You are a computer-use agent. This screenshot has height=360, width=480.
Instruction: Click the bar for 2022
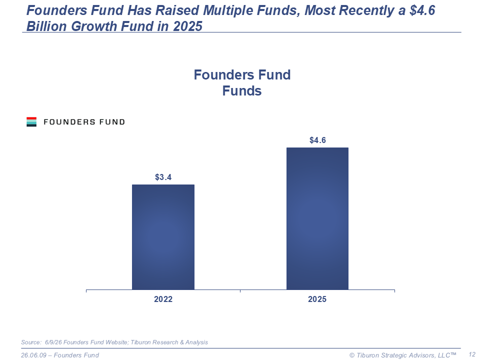(x=163, y=237)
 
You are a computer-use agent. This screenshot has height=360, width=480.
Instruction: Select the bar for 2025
(x=317, y=218)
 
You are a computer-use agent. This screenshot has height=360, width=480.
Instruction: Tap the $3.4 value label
(x=163, y=177)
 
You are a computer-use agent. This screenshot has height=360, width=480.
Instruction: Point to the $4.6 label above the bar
(x=317, y=140)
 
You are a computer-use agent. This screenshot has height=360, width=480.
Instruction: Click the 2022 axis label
(x=163, y=299)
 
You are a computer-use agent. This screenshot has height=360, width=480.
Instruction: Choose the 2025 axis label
(x=317, y=299)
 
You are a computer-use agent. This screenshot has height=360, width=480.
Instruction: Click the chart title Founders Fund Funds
(x=242, y=82)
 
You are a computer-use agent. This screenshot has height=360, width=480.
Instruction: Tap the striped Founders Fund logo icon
(x=31, y=122)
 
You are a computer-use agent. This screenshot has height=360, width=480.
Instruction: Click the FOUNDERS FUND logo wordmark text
(x=84, y=122)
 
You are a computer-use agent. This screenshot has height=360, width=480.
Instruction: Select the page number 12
(x=471, y=354)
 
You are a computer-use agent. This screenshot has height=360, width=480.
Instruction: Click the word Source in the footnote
(x=31, y=342)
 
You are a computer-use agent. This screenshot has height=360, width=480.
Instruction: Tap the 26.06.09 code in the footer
(x=33, y=355)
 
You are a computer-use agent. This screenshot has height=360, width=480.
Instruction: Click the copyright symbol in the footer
(x=352, y=355)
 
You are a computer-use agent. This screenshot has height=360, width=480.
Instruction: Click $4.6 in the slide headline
(x=422, y=10)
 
